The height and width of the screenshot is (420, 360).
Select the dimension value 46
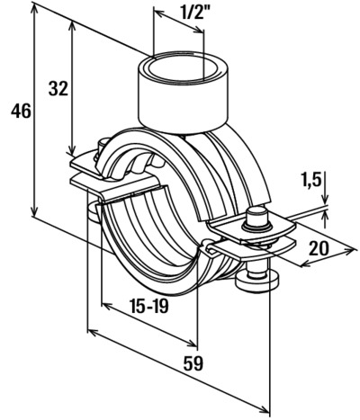[21, 112]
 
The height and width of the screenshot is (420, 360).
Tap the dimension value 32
[58, 89]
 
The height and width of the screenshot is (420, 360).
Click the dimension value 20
[319, 248]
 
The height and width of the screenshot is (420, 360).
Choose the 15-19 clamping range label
[148, 306]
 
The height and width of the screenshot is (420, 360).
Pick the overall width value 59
[193, 363]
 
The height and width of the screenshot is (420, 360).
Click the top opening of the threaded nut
[183, 68]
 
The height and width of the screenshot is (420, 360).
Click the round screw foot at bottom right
[257, 281]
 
